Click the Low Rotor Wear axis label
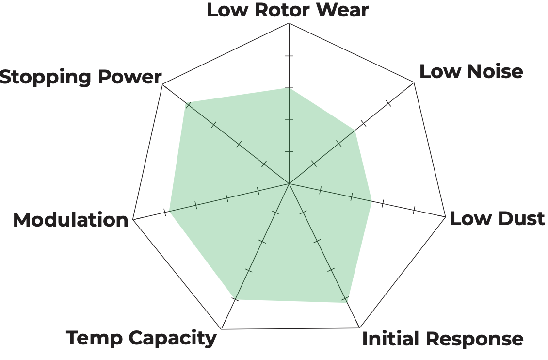pyautogui.click(x=288, y=10)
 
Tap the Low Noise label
pyautogui.click(x=471, y=71)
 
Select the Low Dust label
pyautogui.click(x=497, y=218)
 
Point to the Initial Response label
pyautogui.click(x=442, y=339)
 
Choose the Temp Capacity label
pyautogui.click(x=141, y=338)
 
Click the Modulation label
pyautogui.click(x=70, y=220)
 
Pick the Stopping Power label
pyautogui.click(x=80, y=77)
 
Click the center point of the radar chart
pyautogui.click(x=289, y=184)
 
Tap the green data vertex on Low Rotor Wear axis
pyautogui.click(x=289, y=88)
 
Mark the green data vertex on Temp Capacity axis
pyautogui.click(x=233, y=299)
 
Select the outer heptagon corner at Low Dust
pyautogui.click(x=445, y=216)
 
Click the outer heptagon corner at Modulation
pyautogui.click(x=133, y=219)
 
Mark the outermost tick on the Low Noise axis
pyautogui.click(x=388, y=103)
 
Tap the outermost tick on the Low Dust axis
pyautogui.click(x=414, y=210)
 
